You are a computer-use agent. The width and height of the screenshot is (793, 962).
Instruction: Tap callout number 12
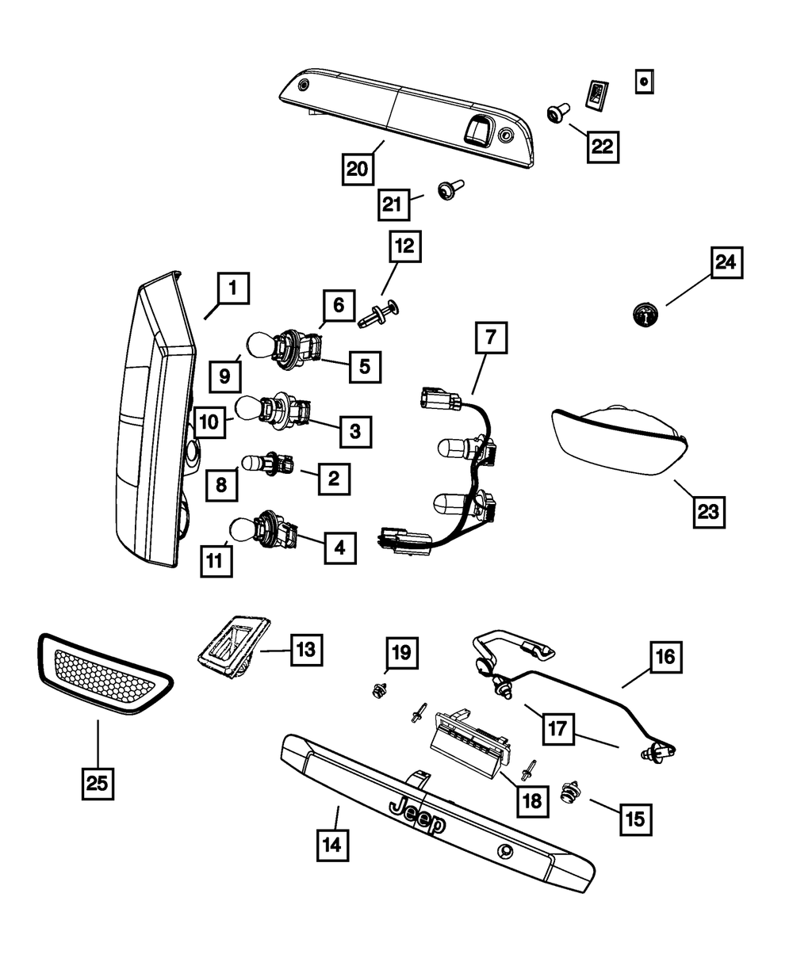click(x=404, y=246)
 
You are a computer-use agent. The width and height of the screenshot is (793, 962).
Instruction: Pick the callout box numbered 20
click(x=358, y=168)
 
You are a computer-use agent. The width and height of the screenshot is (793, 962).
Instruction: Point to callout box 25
click(x=96, y=782)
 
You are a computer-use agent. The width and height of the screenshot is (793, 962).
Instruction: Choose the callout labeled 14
click(x=331, y=846)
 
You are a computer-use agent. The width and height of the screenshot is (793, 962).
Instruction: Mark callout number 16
click(x=665, y=657)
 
